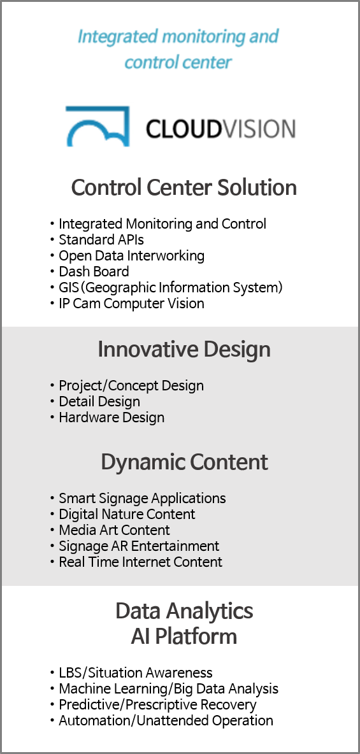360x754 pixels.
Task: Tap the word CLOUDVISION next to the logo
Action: click(x=220, y=129)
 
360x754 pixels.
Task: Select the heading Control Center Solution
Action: click(x=184, y=187)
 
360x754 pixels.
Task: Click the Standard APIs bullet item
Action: click(x=101, y=239)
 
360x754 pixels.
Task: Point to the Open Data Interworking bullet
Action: click(x=131, y=255)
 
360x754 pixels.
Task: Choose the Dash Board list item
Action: click(x=94, y=272)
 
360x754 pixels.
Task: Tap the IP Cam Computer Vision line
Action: click(x=131, y=303)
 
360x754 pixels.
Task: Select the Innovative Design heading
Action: click(x=184, y=350)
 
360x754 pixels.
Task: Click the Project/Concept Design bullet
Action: click(x=131, y=386)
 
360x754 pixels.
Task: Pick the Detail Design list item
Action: click(x=99, y=402)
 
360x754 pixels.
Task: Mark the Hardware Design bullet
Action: click(x=112, y=417)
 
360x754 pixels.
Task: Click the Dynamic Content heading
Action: click(x=184, y=462)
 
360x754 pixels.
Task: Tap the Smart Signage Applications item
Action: click(x=143, y=498)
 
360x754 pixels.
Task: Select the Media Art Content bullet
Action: click(x=115, y=530)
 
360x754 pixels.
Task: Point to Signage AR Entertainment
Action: click(x=139, y=546)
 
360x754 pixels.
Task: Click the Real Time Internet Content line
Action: click(x=141, y=562)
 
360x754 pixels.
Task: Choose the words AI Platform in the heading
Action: click(x=184, y=637)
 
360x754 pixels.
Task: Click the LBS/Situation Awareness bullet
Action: click(x=136, y=672)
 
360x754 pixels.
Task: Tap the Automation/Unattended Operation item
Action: click(x=166, y=721)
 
